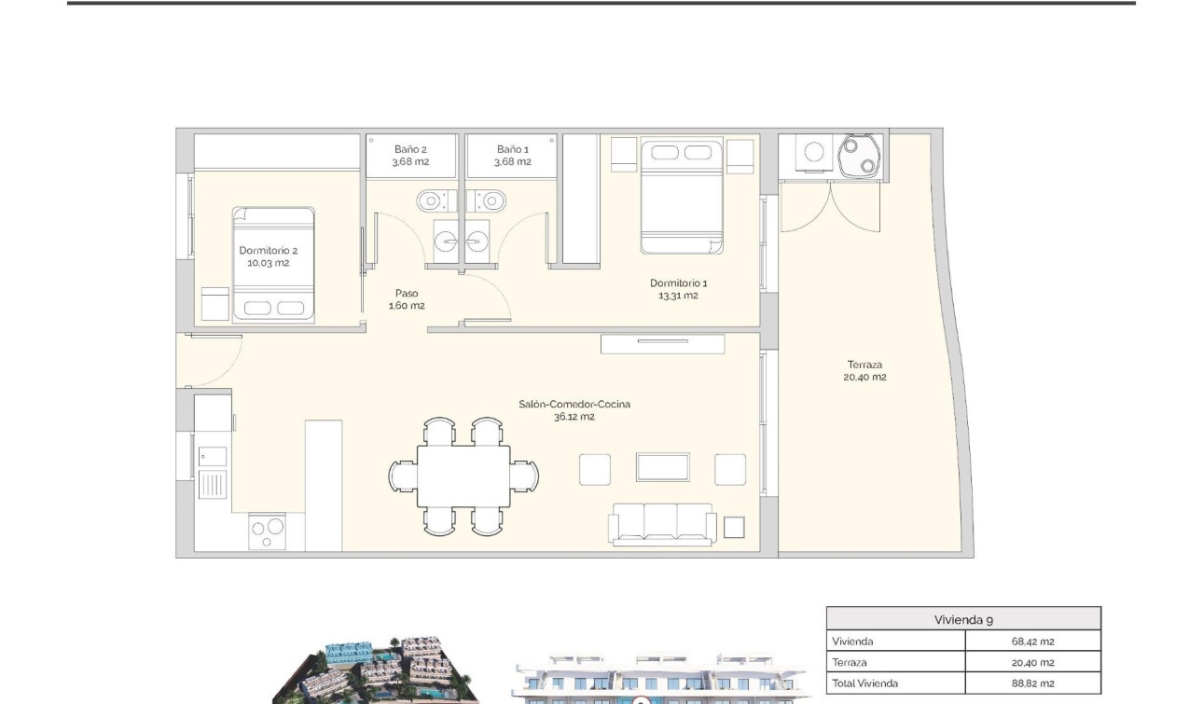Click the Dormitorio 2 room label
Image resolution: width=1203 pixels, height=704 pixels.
pyautogui.click(x=269, y=256)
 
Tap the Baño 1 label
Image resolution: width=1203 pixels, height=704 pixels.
pyautogui.click(x=512, y=155)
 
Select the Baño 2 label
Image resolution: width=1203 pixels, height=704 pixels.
pyautogui.click(x=410, y=155)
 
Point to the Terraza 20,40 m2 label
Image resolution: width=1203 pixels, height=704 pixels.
pyautogui.click(x=865, y=371)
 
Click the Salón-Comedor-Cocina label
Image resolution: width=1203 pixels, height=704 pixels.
pyautogui.click(x=574, y=410)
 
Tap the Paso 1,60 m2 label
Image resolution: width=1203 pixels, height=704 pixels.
pyautogui.click(x=407, y=299)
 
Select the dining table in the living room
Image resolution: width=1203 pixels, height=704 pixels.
pyautogui.click(x=463, y=476)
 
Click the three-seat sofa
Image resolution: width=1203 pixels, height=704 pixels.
pyautogui.click(x=662, y=523)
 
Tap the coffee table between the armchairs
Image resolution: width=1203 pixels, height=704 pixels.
pyautogui.click(x=662, y=467)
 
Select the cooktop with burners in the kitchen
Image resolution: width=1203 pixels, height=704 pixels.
pyautogui.click(x=267, y=531)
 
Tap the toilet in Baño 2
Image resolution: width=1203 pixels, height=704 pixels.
pyautogui.click(x=432, y=200)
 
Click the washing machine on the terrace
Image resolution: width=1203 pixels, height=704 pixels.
pyautogui.click(x=814, y=152)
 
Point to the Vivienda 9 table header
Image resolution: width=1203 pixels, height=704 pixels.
pyautogui.click(x=962, y=619)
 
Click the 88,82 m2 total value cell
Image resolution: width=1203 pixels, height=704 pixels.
pyautogui.click(x=1032, y=683)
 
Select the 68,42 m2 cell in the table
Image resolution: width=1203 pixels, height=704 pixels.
pyautogui.click(x=1032, y=642)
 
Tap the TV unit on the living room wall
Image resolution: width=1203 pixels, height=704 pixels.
pyautogui.click(x=662, y=343)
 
